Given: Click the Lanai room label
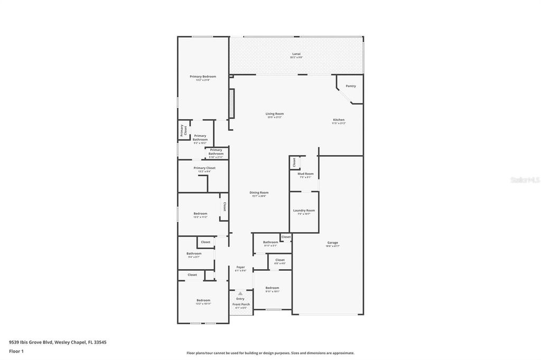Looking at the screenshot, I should [x=296, y=54].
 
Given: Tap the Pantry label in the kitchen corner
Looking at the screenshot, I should [x=351, y=86].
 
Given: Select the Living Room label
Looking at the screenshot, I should [x=274, y=114].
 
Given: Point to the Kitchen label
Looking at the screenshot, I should [x=338, y=120].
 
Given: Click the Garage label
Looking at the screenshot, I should [x=332, y=243].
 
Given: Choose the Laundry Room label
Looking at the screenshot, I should [x=304, y=211].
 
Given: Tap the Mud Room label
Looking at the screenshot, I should [x=305, y=174].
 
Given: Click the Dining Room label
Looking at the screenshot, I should [x=259, y=193].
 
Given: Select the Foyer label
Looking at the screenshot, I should [x=240, y=267].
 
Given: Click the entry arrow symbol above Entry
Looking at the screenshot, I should [x=240, y=293].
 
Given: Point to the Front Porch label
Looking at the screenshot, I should [x=241, y=305].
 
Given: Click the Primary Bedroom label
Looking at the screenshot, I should [x=203, y=77].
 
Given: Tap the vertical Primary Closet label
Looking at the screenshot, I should [x=183, y=130].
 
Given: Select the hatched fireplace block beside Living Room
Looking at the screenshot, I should [x=231, y=103].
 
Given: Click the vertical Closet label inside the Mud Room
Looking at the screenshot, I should [x=294, y=163].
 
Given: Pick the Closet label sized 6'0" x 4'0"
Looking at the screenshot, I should [x=279, y=260].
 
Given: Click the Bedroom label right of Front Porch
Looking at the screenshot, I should [x=272, y=288].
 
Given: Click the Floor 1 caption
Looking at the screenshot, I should [x=17, y=351].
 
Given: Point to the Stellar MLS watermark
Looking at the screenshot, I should [x=524, y=180].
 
